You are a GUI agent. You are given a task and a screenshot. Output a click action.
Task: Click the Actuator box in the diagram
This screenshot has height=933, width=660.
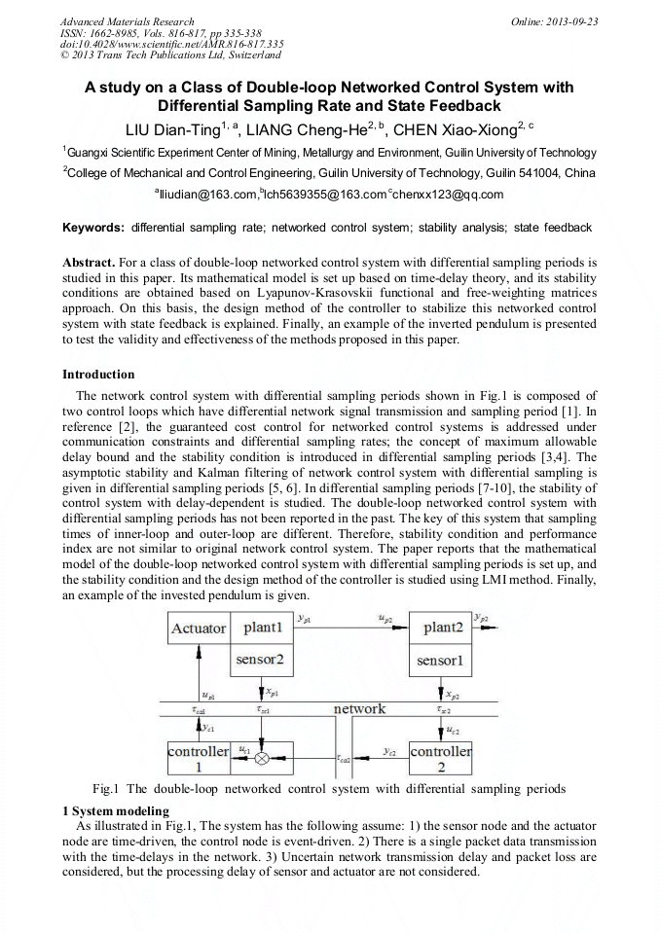(199, 628)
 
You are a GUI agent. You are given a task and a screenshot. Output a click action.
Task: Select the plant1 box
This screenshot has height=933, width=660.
(263, 628)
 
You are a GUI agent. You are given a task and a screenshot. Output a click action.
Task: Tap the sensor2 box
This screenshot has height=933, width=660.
(260, 661)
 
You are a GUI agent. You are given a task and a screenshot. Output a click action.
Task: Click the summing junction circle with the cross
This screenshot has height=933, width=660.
(261, 758)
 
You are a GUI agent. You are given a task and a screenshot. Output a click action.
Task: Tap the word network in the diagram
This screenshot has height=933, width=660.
(359, 709)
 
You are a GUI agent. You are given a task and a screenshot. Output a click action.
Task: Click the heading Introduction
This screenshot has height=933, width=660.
(98, 375)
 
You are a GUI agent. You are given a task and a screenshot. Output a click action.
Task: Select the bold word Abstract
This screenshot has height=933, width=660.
(89, 264)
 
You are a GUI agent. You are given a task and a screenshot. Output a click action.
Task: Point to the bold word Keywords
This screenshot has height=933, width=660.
(92, 228)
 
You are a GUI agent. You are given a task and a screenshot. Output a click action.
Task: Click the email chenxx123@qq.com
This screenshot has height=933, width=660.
(450, 195)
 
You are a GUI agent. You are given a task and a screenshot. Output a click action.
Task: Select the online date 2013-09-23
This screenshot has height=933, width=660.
(573, 21)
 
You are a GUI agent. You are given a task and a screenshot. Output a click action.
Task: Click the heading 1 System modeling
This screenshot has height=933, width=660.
(116, 810)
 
